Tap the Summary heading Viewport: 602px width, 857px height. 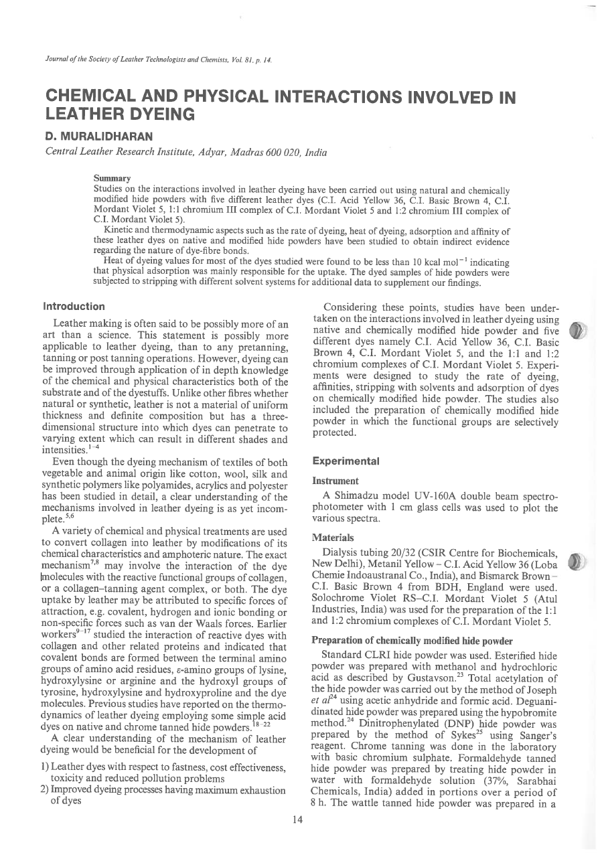(112, 179)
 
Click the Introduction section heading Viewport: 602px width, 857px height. (74, 307)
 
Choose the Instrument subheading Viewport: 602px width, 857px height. (335, 480)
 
